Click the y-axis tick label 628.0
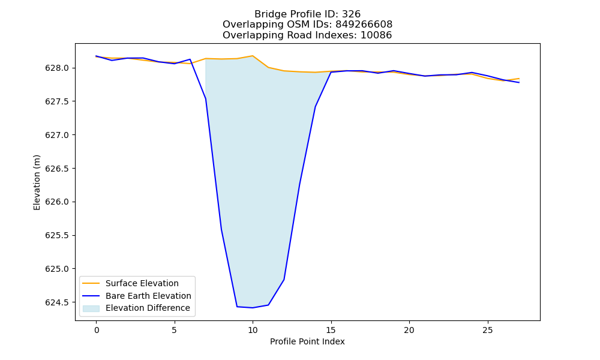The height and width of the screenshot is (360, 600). pyautogui.click(x=57, y=68)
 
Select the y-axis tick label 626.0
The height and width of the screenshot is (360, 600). pyautogui.click(x=57, y=202)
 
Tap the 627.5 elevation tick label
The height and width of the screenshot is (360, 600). pyautogui.click(x=57, y=102)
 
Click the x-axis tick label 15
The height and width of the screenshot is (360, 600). pyautogui.click(x=331, y=330)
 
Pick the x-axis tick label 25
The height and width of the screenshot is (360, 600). pyautogui.click(x=487, y=330)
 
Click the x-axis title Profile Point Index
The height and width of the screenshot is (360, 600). pyautogui.click(x=307, y=341)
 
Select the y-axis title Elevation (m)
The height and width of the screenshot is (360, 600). pyautogui.click(x=37, y=182)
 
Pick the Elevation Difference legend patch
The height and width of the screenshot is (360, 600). pyautogui.click(x=91, y=308)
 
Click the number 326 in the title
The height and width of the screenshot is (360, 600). pyautogui.click(x=351, y=14)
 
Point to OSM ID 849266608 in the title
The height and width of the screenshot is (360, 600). pyautogui.click(x=364, y=25)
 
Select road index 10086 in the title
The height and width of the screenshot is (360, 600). pyautogui.click(x=376, y=35)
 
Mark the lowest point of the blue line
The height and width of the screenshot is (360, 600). pyautogui.click(x=253, y=308)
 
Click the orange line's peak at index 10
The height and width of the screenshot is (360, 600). pyautogui.click(x=253, y=56)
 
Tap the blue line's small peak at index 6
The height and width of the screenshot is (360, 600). pyautogui.click(x=190, y=59)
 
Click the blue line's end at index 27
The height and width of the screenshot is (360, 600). pyautogui.click(x=519, y=82)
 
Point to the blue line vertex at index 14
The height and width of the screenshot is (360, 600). pyautogui.click(x=316, y=107)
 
